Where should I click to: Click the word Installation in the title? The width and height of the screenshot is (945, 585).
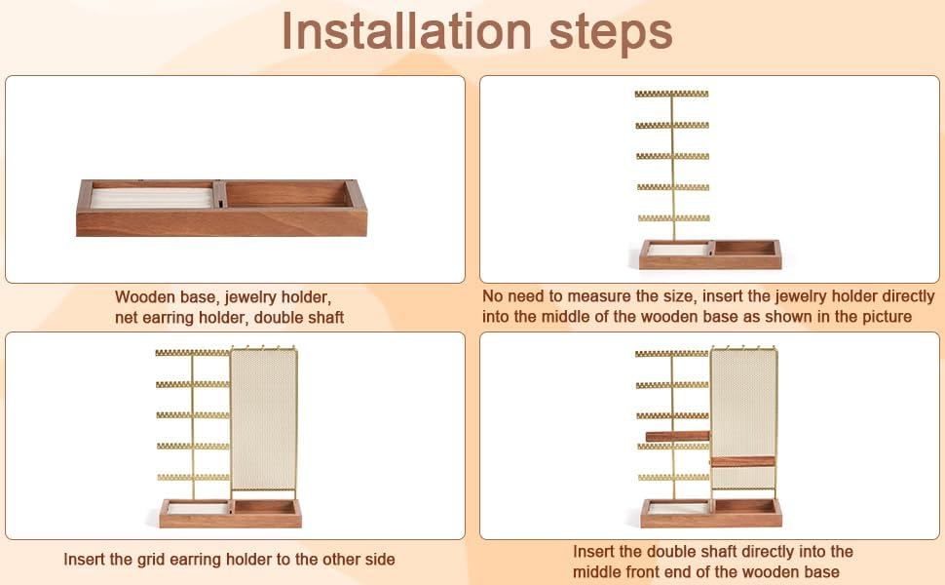click(407, 31)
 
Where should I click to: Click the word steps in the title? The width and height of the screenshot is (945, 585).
click(611, 34)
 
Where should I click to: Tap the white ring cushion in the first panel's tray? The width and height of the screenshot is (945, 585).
click(151, 198)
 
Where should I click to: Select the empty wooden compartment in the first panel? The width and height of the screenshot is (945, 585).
click(285, 194)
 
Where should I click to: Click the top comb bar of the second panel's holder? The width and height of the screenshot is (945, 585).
click(671, 94)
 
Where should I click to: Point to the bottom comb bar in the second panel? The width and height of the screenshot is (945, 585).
click(674, 218)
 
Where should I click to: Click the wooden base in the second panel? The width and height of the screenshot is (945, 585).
click(710, 253)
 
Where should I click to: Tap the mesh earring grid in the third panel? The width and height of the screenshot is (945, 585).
click(263, 420)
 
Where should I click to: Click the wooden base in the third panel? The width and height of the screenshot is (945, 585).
click(230, 513)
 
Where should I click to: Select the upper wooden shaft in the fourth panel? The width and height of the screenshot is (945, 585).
click(677, 436)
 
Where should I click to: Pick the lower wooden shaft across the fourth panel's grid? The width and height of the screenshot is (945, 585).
click(742, 462)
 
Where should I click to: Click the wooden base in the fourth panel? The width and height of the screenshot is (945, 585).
click(711, 513)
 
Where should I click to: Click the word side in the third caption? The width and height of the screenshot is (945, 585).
click(380, 559)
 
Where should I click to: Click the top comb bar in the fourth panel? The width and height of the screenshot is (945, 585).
click(671, 354)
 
